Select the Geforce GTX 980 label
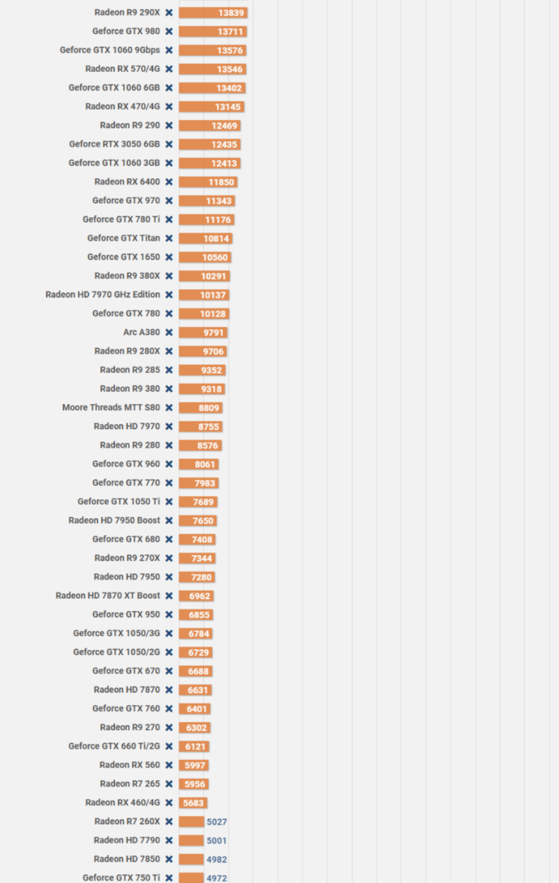126,32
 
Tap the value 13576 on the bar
230,51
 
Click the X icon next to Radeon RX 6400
169,182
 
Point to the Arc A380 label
141,333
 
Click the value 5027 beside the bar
216,822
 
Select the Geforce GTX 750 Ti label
121,878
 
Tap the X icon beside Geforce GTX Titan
169,238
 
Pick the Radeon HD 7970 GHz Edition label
102,295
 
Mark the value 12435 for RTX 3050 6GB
224,145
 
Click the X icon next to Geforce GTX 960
169,464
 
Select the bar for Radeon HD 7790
191,840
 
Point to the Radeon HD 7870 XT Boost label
107,596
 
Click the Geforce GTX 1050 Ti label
118,502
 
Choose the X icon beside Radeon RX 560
169,765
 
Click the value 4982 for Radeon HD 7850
216,859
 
